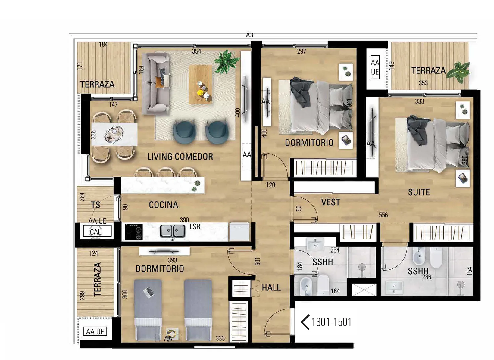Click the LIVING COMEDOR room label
point(180,157)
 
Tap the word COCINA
point(164,205)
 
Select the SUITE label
point(419,192)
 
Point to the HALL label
point(271,287)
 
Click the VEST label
point(330,202)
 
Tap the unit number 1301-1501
point(331,322)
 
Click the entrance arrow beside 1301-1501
point(305,322)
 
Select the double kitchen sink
point(173,231)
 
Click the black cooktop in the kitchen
point(134,232)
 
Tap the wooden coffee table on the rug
point(201,84)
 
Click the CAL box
point(97,232)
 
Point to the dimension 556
point(383,215)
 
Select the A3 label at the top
point(249,35)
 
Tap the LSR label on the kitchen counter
point(195,227)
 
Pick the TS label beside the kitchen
point(96,205)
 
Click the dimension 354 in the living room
point(196,51)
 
